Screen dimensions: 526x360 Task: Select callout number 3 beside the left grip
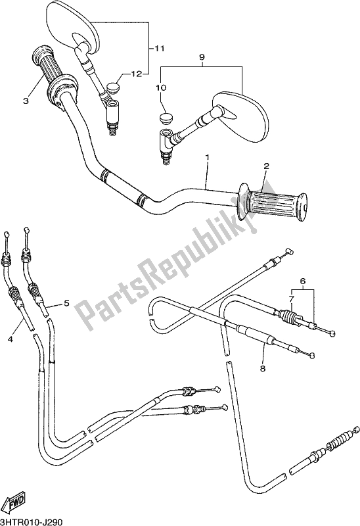[26, 101]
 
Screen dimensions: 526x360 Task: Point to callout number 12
[137, 74]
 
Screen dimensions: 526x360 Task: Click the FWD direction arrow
[17, 504]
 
